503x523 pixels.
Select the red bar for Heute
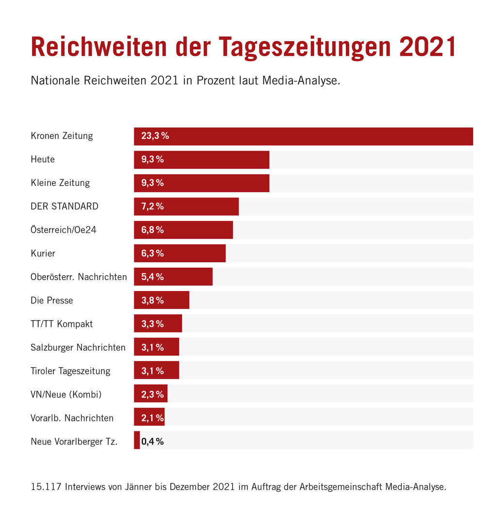pyautogui.click(x=218, y=160)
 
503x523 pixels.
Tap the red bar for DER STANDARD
pyautogui.click(x=204, y=206)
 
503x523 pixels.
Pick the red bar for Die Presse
pyautogui.click(x=177, y=300)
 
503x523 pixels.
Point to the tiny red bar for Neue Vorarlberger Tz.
pyautogui.click(x=137, y=440)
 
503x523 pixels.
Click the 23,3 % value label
pyautogui.click(x=155, y=136)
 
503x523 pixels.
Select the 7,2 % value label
pyautogui.click(x=152, y=206)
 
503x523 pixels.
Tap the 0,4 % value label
pyautogui.click(x=152, y=441)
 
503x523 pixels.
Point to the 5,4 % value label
pyautogui.click(x=152, y=277)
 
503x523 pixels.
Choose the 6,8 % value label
pyautogui.click(x=152, y=230)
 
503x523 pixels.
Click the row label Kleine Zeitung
pyautogui.click(x=60, y=183)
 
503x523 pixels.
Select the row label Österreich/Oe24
pyautogui.click(x=64, y=230)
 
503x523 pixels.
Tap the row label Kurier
pyautogui.click(x=43, y=253)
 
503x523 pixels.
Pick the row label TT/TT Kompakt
pyautogui.click(x=62, y=324)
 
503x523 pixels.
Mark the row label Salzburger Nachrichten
pyautogui.click(x=78, y=347)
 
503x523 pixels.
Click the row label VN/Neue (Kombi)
pyautogui.click(x=66, y=394)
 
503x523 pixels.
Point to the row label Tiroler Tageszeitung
pyautogui.click(x=70, y=371)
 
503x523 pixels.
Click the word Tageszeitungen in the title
pyautogui.click(x=305, y=47)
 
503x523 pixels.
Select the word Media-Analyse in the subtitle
pyautogui.click(x=301, y=80)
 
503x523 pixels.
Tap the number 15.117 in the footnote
pyautogui.click(x=45, y=487)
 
